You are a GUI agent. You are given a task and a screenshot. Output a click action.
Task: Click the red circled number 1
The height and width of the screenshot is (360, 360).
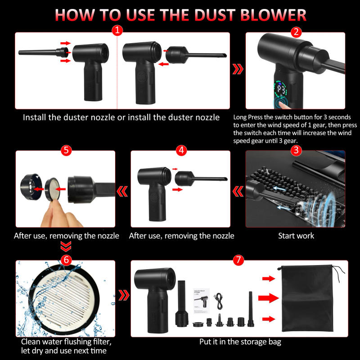tap(117, 31)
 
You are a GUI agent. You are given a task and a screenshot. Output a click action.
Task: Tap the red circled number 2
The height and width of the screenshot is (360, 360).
tap(296, 32)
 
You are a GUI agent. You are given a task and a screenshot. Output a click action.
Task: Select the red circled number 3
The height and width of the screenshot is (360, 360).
tap(296, 150)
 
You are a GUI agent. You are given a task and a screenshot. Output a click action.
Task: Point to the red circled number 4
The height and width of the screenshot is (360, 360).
tap(181, 150)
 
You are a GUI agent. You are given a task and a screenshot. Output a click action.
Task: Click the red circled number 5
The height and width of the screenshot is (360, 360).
tap(66, 150)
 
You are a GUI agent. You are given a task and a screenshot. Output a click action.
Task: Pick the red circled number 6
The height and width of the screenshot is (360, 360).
tap(66, 260)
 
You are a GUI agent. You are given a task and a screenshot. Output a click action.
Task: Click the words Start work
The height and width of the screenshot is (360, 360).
tap(296, 235)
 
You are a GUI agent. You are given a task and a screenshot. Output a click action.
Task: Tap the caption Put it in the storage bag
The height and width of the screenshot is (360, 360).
tap(240, 342)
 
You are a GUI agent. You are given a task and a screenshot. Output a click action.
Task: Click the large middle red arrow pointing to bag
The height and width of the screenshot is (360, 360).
tap(269, 297)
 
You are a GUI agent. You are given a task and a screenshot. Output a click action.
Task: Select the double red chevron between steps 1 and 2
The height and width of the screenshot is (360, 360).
tap(238, 69)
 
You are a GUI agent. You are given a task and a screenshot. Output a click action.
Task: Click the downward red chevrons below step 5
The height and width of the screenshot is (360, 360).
tap(66, 247)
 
